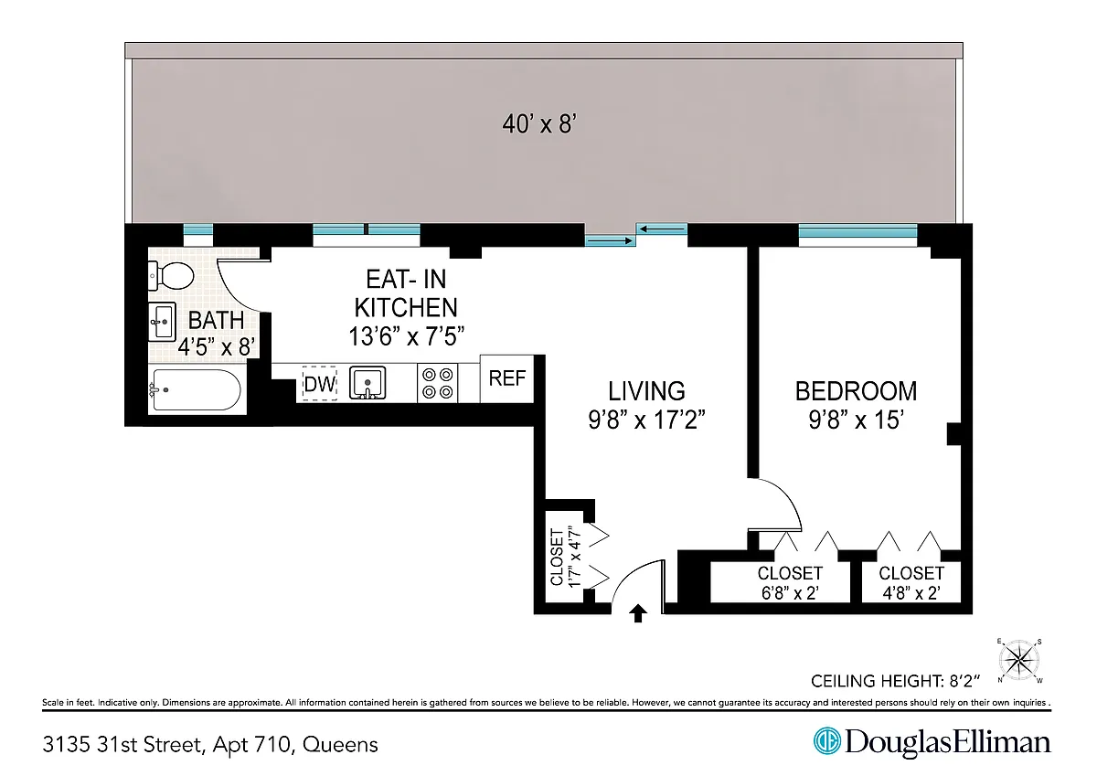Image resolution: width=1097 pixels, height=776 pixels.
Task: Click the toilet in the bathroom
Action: pyautogui.click(x=171, y=276)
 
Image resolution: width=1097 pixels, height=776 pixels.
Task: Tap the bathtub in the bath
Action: pyautogui.click(x=197, y=389)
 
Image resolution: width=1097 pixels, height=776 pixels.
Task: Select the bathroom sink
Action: pyautogui.click(x=162, y=322)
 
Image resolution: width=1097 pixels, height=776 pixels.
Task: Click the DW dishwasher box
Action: pyautogui.click(x=319, y=383)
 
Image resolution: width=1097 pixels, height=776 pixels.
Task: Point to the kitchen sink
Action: pyautogui.click(x=367, y=383)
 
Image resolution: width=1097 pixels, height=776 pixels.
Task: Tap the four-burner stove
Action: pyautogui.click(x=437, y=383)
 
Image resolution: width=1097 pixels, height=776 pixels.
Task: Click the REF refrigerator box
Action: pyautogui.click(x=506, y=378)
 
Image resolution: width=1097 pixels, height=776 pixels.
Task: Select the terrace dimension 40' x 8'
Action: pyautogui.click(x=539, y=124)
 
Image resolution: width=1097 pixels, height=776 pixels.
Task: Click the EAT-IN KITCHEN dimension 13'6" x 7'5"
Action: pyautogui.click(x=406, y=337)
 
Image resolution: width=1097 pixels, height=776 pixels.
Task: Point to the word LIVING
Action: pyautogui.click(x=646, y=391)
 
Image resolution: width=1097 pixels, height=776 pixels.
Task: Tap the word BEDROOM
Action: pyautogui.click(x=856, y=391)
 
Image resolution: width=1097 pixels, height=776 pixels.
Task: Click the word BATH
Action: pyautogui.click(x=216, y=320)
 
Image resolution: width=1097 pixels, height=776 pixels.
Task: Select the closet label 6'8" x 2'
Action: pyautogui.click(x=790, y=593)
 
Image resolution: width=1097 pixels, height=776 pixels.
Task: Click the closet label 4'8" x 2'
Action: pyautogui.click(x=911, y=593)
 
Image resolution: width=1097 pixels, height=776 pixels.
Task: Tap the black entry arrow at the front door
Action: pyautogui.click(x=638, y=613)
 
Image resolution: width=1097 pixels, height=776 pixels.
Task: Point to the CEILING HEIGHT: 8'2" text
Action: pyautogui.click(x=896, y=681)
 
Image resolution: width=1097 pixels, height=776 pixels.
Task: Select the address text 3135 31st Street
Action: pyautogui.click(x=122, y=745)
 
